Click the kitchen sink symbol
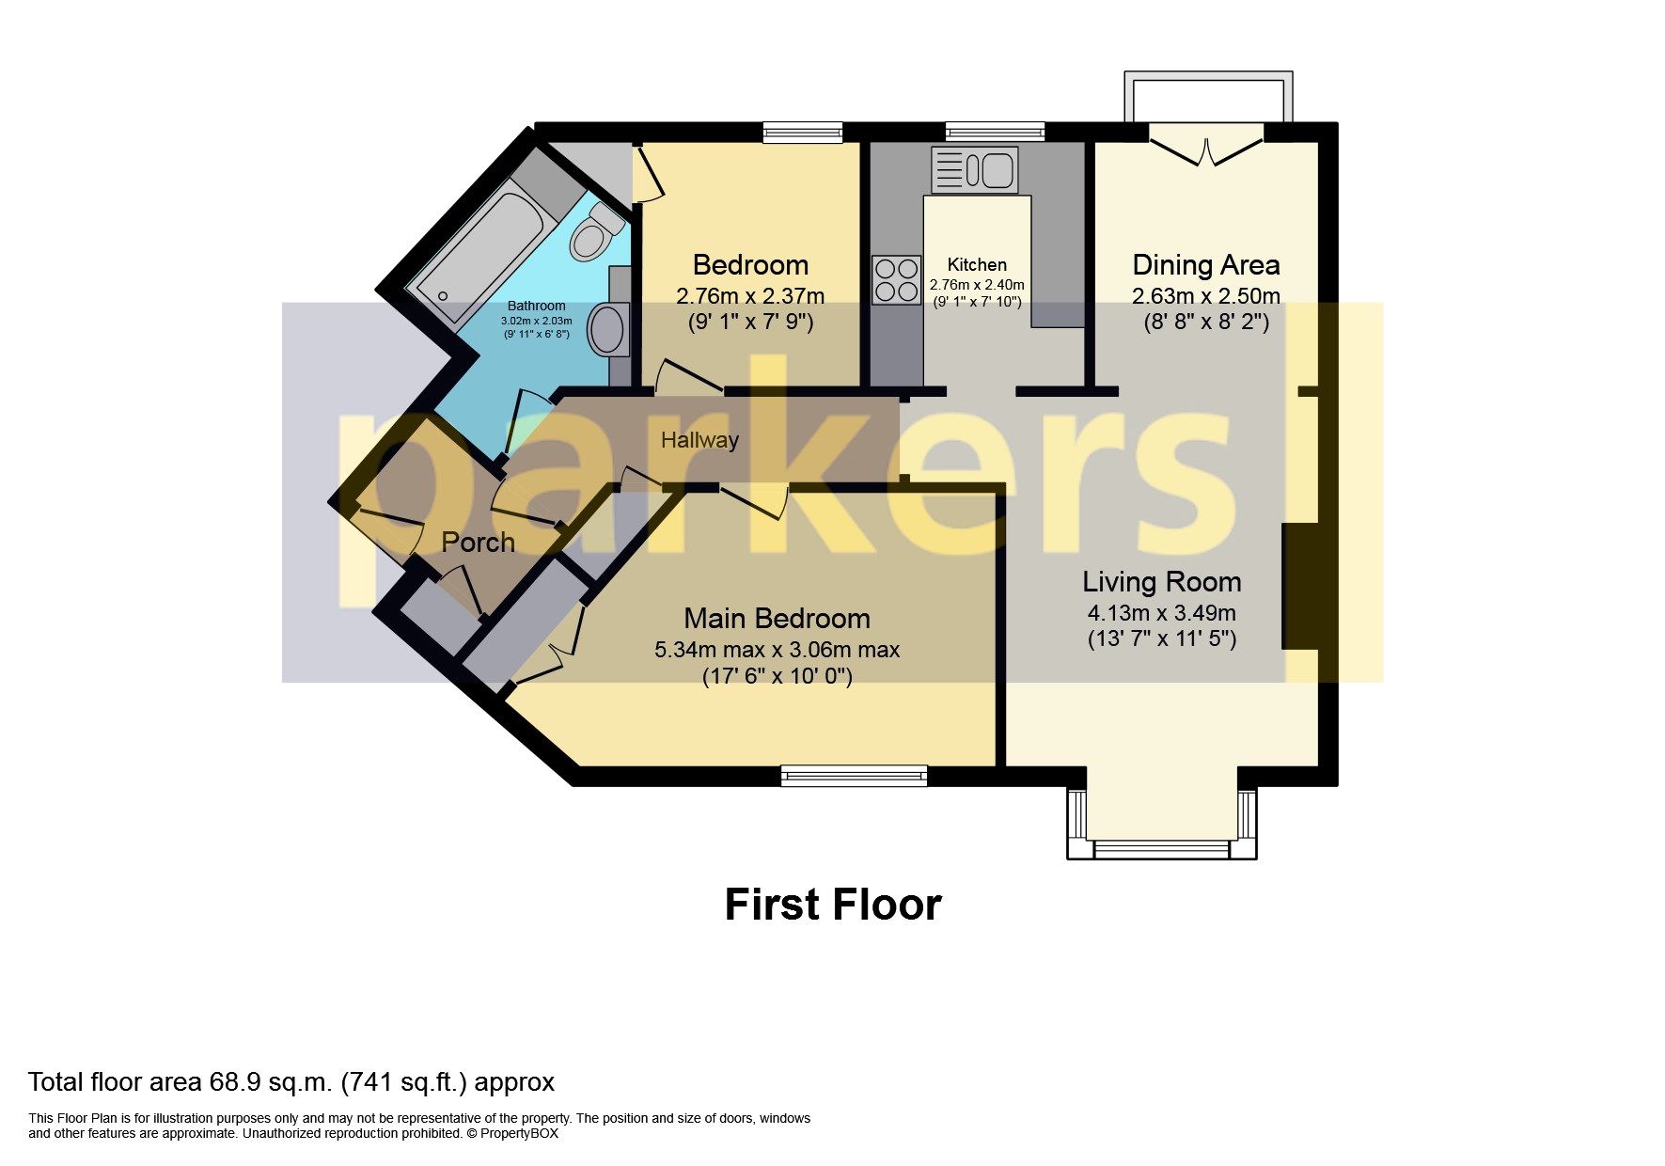click(x=975, y=170)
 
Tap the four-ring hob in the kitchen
click(x=895, y=279)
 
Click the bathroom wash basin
click(x=607, y=330)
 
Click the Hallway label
click(x=699, y=440)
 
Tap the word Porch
click(x=478, y=543)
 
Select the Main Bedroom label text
click(x=777, y=618)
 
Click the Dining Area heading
click(x=1205, y=264)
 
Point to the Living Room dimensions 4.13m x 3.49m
click(x=1161, y=614)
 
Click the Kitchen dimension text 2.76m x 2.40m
click(x=977, y=285)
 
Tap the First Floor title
click(x=833, y=905)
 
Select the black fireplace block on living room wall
click(x=1300, y=587)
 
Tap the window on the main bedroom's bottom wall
click(x=854, y=776)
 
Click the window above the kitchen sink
click(x=995, y=132)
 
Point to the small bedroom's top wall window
click(x=802, y=133)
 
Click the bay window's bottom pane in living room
click(x=1161, y=850)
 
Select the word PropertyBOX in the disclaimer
click(x=519, y=1133)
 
